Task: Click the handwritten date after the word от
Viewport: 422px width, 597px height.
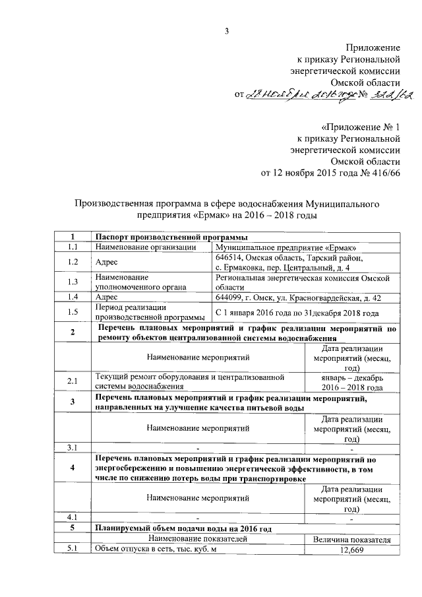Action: point(295,96)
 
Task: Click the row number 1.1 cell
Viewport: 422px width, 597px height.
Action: point(73,247)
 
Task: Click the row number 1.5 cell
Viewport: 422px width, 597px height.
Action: point(73,312)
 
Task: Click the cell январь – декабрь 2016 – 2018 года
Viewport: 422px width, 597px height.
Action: point(351,382)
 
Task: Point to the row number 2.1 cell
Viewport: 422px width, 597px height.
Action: point(73,382)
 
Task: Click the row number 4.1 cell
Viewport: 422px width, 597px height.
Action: point(73,517)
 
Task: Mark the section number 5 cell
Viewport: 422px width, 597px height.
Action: point(73,528)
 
